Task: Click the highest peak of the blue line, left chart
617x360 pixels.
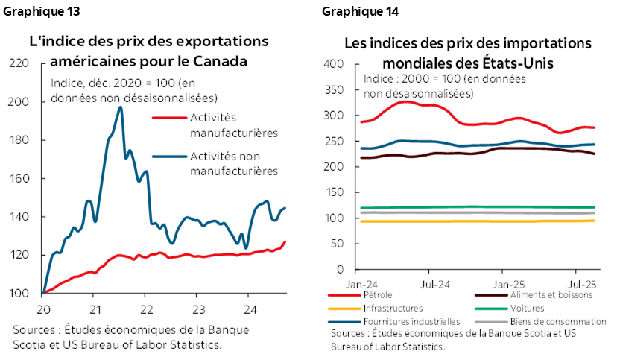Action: [120, 107]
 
